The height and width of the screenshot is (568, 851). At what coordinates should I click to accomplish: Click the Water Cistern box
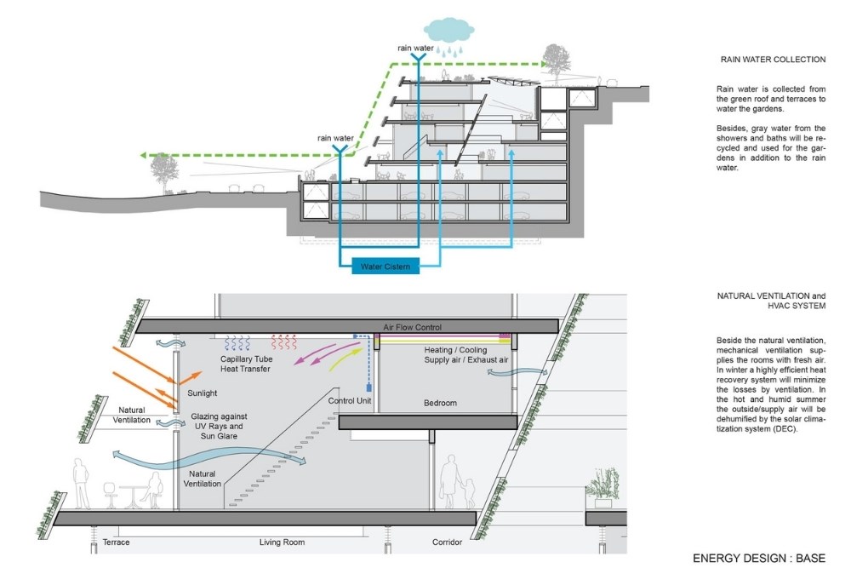pyautogui.click(x=386, y=267)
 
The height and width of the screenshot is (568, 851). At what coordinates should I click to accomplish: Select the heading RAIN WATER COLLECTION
pyautogui.click(x=772, y=60)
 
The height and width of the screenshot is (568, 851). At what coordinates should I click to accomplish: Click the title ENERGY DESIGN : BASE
pyautogui.click(x=759, y=559)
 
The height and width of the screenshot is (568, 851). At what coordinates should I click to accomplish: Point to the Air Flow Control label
pyautogui.click(x=413, y=327)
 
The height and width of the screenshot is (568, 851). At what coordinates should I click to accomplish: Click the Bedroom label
pyautogui.click(x=441, y=403)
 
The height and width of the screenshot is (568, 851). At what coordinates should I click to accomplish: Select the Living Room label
pyautogui.click(x=282, y=542)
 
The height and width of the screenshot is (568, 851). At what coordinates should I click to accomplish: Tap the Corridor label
pyautogui.click(x=446, y=542)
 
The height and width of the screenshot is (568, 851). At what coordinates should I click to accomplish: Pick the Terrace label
pyautogui.click(x=117, y=542)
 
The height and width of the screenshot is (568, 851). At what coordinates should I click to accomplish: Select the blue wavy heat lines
pyautogui.click(x=236, y=343)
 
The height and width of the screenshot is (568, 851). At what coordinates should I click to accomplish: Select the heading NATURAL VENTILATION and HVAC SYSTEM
pyautogui.click(x=772, y=301)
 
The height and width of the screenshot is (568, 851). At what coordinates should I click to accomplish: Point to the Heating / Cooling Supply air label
pyautogui.click(x=466, y=354)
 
